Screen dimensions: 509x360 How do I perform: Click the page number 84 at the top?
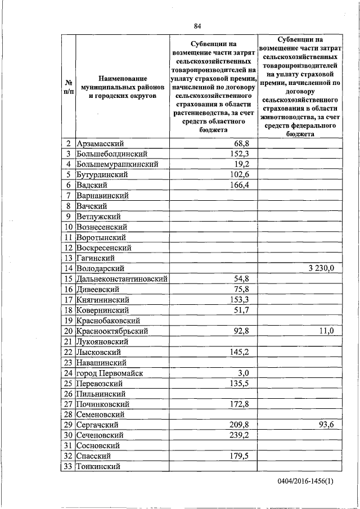[197, 25]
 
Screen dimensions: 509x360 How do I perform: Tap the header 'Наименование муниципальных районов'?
[122, 87]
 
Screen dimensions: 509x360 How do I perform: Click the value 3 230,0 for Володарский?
[321, 268]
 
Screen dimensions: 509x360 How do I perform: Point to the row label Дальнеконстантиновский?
[123, 279]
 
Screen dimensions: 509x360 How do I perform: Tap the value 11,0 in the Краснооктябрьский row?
[326, 331]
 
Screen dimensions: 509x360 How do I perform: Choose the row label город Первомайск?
[111, 373]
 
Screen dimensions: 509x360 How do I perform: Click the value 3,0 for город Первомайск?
[244, 373]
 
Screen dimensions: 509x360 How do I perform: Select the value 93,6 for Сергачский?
[326, 425]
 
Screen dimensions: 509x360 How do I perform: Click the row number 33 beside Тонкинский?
[68, 466]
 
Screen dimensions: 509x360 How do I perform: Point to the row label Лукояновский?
[103, 341]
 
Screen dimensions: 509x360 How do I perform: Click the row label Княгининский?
[103, 300]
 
